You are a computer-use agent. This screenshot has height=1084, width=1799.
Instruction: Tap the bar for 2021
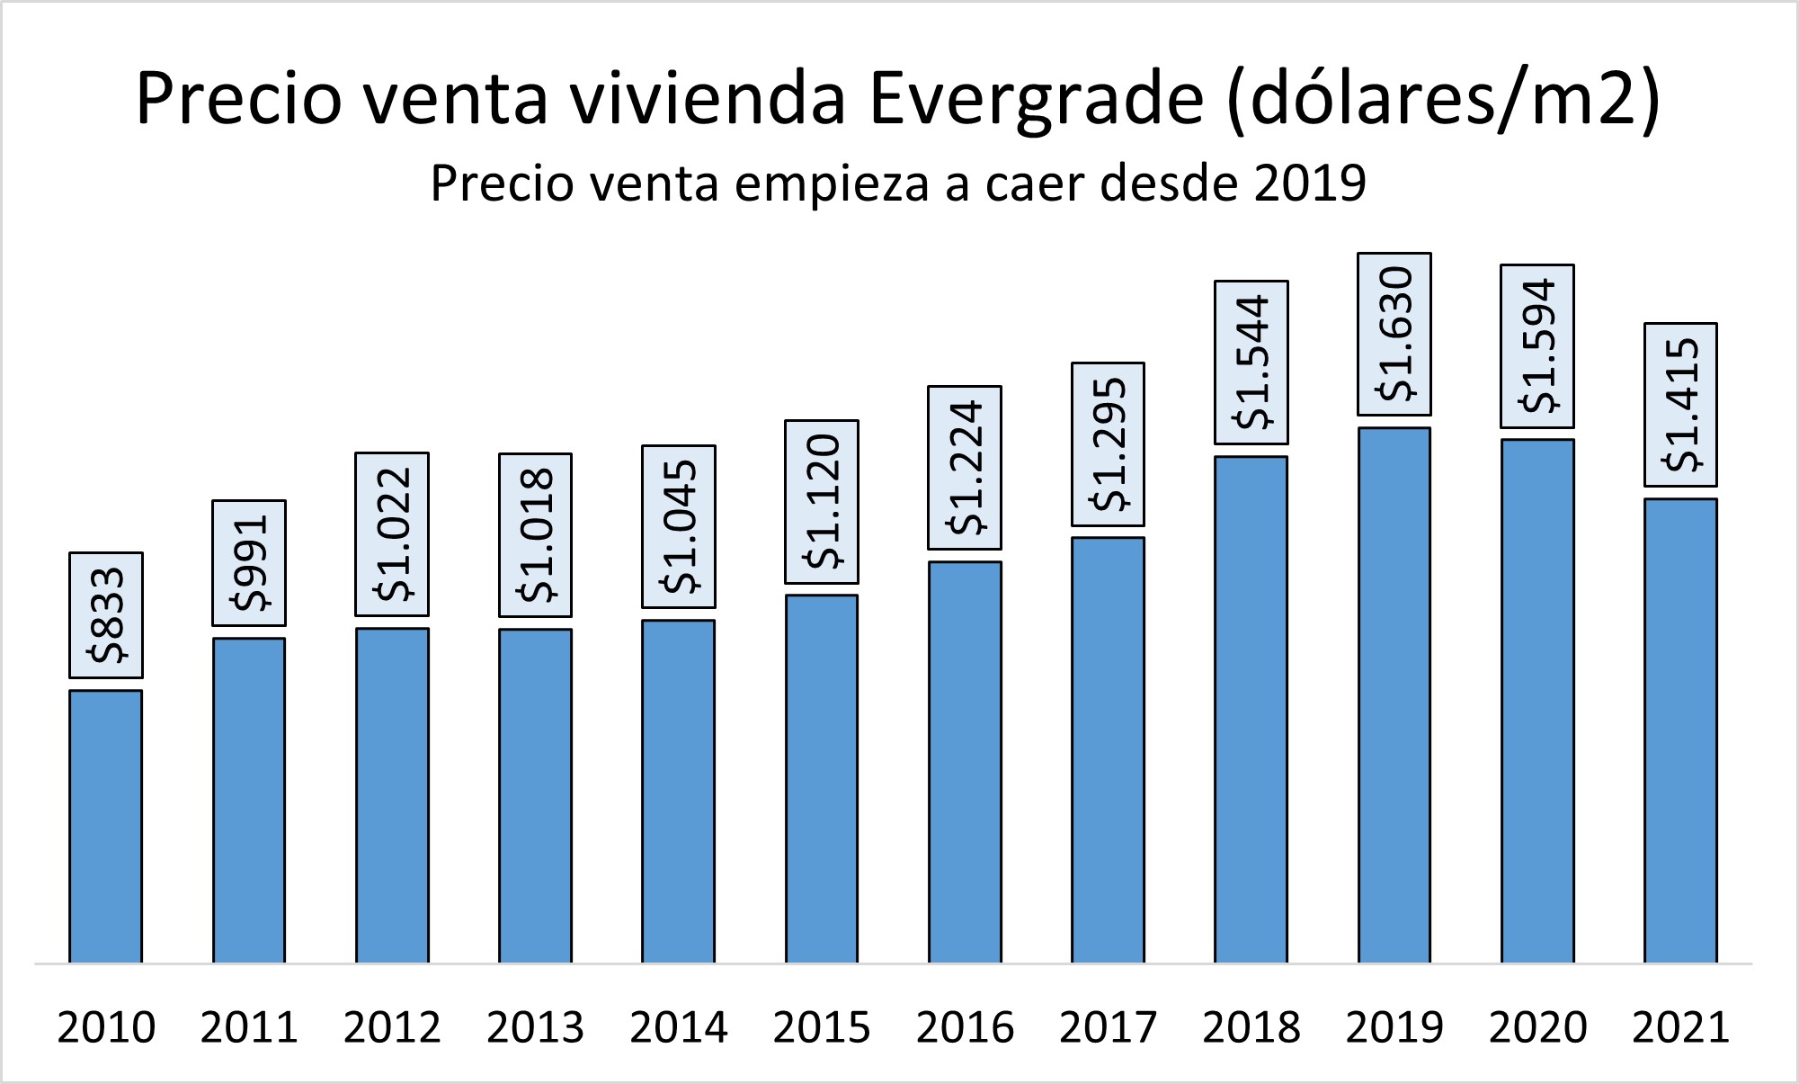[1680, 730]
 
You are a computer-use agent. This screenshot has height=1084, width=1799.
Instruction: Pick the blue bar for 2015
[822, 778]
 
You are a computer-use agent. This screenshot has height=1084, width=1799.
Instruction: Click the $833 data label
[106, 615]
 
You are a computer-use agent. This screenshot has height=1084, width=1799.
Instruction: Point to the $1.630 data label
[1394, 334]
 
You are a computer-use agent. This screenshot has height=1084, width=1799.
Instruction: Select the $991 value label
[249, 563]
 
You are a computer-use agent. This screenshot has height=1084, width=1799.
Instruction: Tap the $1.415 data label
[1680, 404]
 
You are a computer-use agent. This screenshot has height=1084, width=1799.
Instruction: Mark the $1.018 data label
[535, 535]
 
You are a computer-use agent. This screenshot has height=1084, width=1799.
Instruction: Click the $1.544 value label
[1251, 363]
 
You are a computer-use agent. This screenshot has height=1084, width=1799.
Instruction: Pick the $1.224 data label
[965, 468]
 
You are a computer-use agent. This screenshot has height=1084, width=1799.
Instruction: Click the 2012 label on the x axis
[392, 1027]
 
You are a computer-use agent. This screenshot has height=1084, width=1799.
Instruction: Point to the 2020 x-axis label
[1537, 1027]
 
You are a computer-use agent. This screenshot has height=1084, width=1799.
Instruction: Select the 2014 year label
[679, 1027]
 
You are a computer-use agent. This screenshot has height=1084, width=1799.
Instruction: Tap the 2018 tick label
[1251, 1027]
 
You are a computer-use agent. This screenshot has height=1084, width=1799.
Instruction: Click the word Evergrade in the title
[1037, 99]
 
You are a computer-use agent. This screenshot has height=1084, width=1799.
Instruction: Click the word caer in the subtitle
[1038, 183]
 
